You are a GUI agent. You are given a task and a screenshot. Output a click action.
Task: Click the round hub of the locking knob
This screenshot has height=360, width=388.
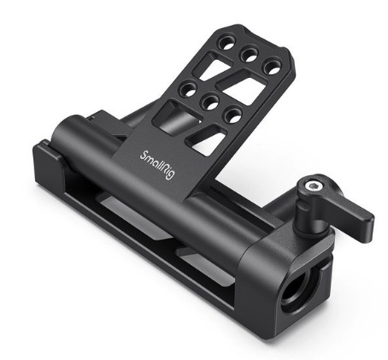[313, 190]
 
